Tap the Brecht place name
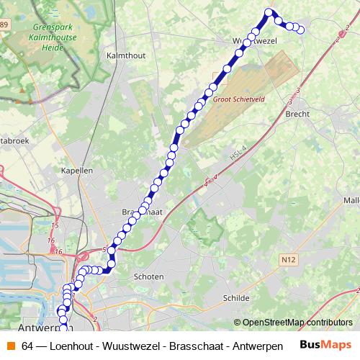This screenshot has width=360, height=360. click(x=297, y=114)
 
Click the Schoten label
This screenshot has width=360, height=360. click(x=148, y=276)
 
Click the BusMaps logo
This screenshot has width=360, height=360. click(x=325, y=345)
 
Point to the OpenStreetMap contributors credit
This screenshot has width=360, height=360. click(x=293, y=323)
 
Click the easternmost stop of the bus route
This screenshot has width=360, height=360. click(x=300, y=30)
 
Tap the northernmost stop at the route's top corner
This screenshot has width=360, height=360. click(x=269, y=12)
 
